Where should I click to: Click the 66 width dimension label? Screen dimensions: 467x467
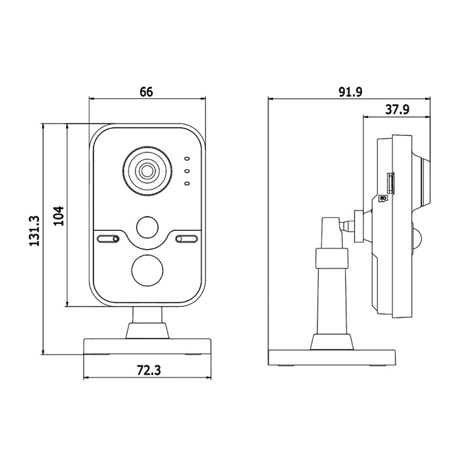click(x=146, y=92)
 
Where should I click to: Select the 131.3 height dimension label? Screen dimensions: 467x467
click(x=35, y=231)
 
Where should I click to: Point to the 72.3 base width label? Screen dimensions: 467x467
click(x=149, y=370)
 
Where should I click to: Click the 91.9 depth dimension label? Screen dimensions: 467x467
click(x=350, y=92)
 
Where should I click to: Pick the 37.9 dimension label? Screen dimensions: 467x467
click(x=397, y=110)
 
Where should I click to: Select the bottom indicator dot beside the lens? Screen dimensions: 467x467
click(x=187, y=184)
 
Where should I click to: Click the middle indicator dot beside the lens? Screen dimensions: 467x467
click(x=187, y=171)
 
